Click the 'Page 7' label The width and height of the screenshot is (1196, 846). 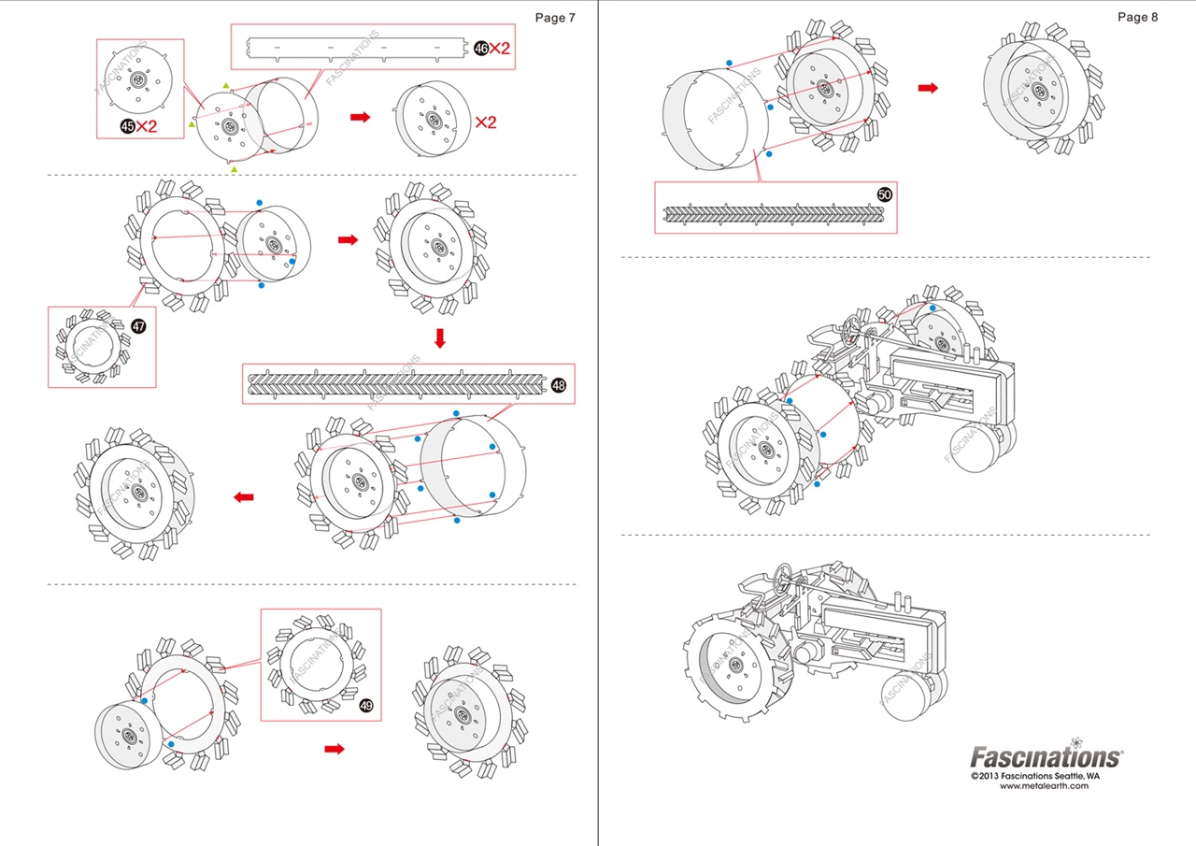pyautogui.click(x=555, y=18)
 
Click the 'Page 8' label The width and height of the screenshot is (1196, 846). pyautogui.click(x=1137, y=17)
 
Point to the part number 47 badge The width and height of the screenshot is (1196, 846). pyautogui.click(x=138, y=326)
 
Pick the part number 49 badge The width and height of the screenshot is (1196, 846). pyautogui.click(x=365, y=706)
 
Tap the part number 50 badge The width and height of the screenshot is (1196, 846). pyautogui.click(x=885, y=194)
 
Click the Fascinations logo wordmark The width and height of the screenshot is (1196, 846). pyautogui.click(x=1046, y=755)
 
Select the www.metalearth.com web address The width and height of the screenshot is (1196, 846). pyautogui.click(x=1044, y=786)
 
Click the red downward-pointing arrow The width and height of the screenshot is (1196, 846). pyautogui.click(x=440, y=337)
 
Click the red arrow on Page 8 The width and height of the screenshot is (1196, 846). pyautogui.click(x=928, y=88)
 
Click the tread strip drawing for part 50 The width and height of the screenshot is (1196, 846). pyautogui.click(x=772, y=214)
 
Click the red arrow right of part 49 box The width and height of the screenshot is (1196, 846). pyautogui.click(x=335, y=749)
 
